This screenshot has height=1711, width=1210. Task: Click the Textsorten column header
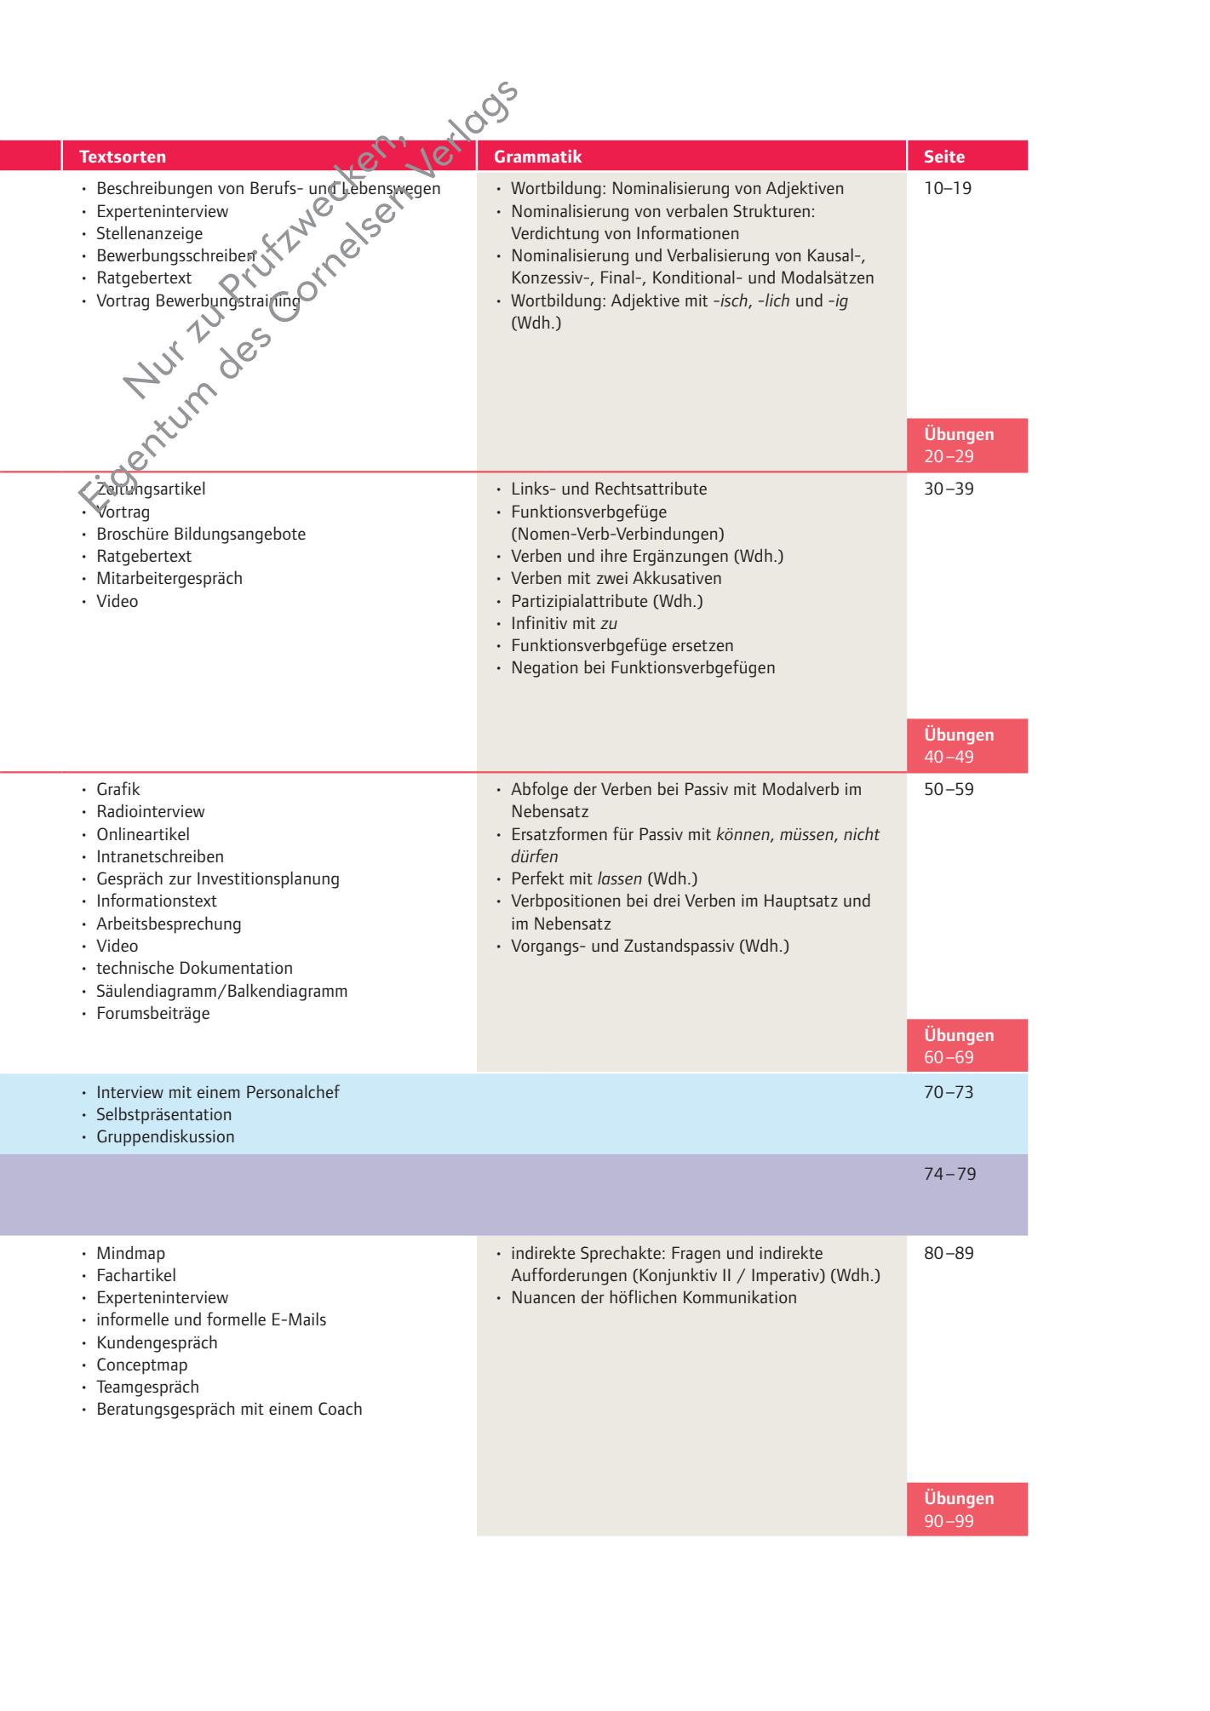click(123, 157)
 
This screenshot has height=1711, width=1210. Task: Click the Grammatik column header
click(537, 157)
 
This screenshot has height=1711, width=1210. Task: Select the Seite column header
click(944, 157)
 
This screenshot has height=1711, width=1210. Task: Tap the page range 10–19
click(948, 189)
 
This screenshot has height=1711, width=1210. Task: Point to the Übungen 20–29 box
click(966, 445)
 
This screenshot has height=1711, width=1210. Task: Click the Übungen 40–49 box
click(966, 746)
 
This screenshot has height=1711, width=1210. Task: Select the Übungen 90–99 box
click(966, 1509)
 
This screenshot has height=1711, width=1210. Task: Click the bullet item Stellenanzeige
click(149, 233)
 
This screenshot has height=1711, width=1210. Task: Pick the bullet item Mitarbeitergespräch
click(169, 579)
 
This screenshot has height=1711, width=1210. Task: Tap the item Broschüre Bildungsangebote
click(201, 535)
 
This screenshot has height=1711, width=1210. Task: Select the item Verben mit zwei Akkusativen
click(616, 579)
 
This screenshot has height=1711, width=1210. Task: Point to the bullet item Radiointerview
click(151, 812)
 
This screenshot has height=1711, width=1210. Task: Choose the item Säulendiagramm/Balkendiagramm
click(221, 991)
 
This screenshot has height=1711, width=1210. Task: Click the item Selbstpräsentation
click(163, 1114)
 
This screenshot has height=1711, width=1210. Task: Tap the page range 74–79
click(949, 1174)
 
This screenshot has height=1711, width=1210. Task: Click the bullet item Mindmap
click(130, 1253)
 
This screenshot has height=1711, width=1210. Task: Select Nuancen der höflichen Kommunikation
click(654, 1297)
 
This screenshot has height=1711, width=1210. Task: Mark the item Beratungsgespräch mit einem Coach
click(229, 1409)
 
